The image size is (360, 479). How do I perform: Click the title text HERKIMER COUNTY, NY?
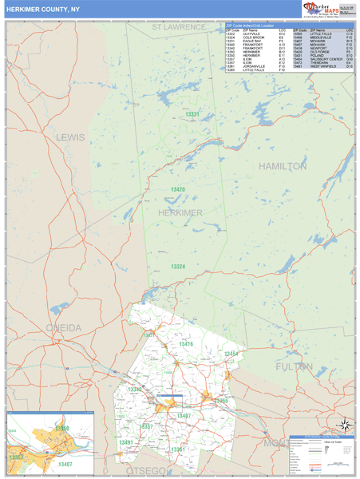click(43, 10)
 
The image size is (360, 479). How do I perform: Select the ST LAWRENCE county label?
click(179, 27)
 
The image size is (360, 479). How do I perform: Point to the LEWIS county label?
click(70, 137)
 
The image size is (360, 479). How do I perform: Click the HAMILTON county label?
click(283, 166)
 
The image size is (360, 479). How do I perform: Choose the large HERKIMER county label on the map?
click(180, 212)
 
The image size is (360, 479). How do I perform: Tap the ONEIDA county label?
click(63, 328)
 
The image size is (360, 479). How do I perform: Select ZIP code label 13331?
click(192, 115)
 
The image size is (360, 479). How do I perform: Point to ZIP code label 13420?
click(177, 190)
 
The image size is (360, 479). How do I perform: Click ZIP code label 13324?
click(177, 266)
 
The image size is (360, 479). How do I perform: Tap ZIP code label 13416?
click(186, 343)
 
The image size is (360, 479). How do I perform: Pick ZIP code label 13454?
click(231, 353)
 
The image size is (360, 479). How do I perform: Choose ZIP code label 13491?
click(126, 442)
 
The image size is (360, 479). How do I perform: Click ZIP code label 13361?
click(177, 449)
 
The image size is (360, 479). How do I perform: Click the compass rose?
click(344, 425)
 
